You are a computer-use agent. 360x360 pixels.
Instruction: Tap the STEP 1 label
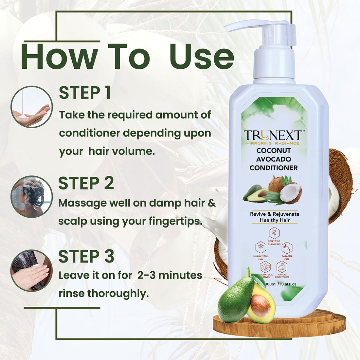[85, 93]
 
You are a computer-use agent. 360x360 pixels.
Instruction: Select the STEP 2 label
[86, 183]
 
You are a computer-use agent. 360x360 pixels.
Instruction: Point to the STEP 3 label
[86, 257]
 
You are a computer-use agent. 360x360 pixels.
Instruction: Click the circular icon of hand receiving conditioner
[31, 107]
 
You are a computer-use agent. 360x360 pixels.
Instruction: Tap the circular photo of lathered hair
[31, 196]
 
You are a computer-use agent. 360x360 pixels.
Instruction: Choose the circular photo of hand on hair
[31, 270]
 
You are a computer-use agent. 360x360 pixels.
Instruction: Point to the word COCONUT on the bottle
[274, 151]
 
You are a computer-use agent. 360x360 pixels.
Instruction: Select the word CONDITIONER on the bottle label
[274, 168]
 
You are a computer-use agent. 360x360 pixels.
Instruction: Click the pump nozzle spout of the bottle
[242, 26]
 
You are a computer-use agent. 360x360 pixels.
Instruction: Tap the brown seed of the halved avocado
[261, 305]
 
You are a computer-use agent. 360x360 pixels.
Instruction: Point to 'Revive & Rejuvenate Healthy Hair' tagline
[275, 217]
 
